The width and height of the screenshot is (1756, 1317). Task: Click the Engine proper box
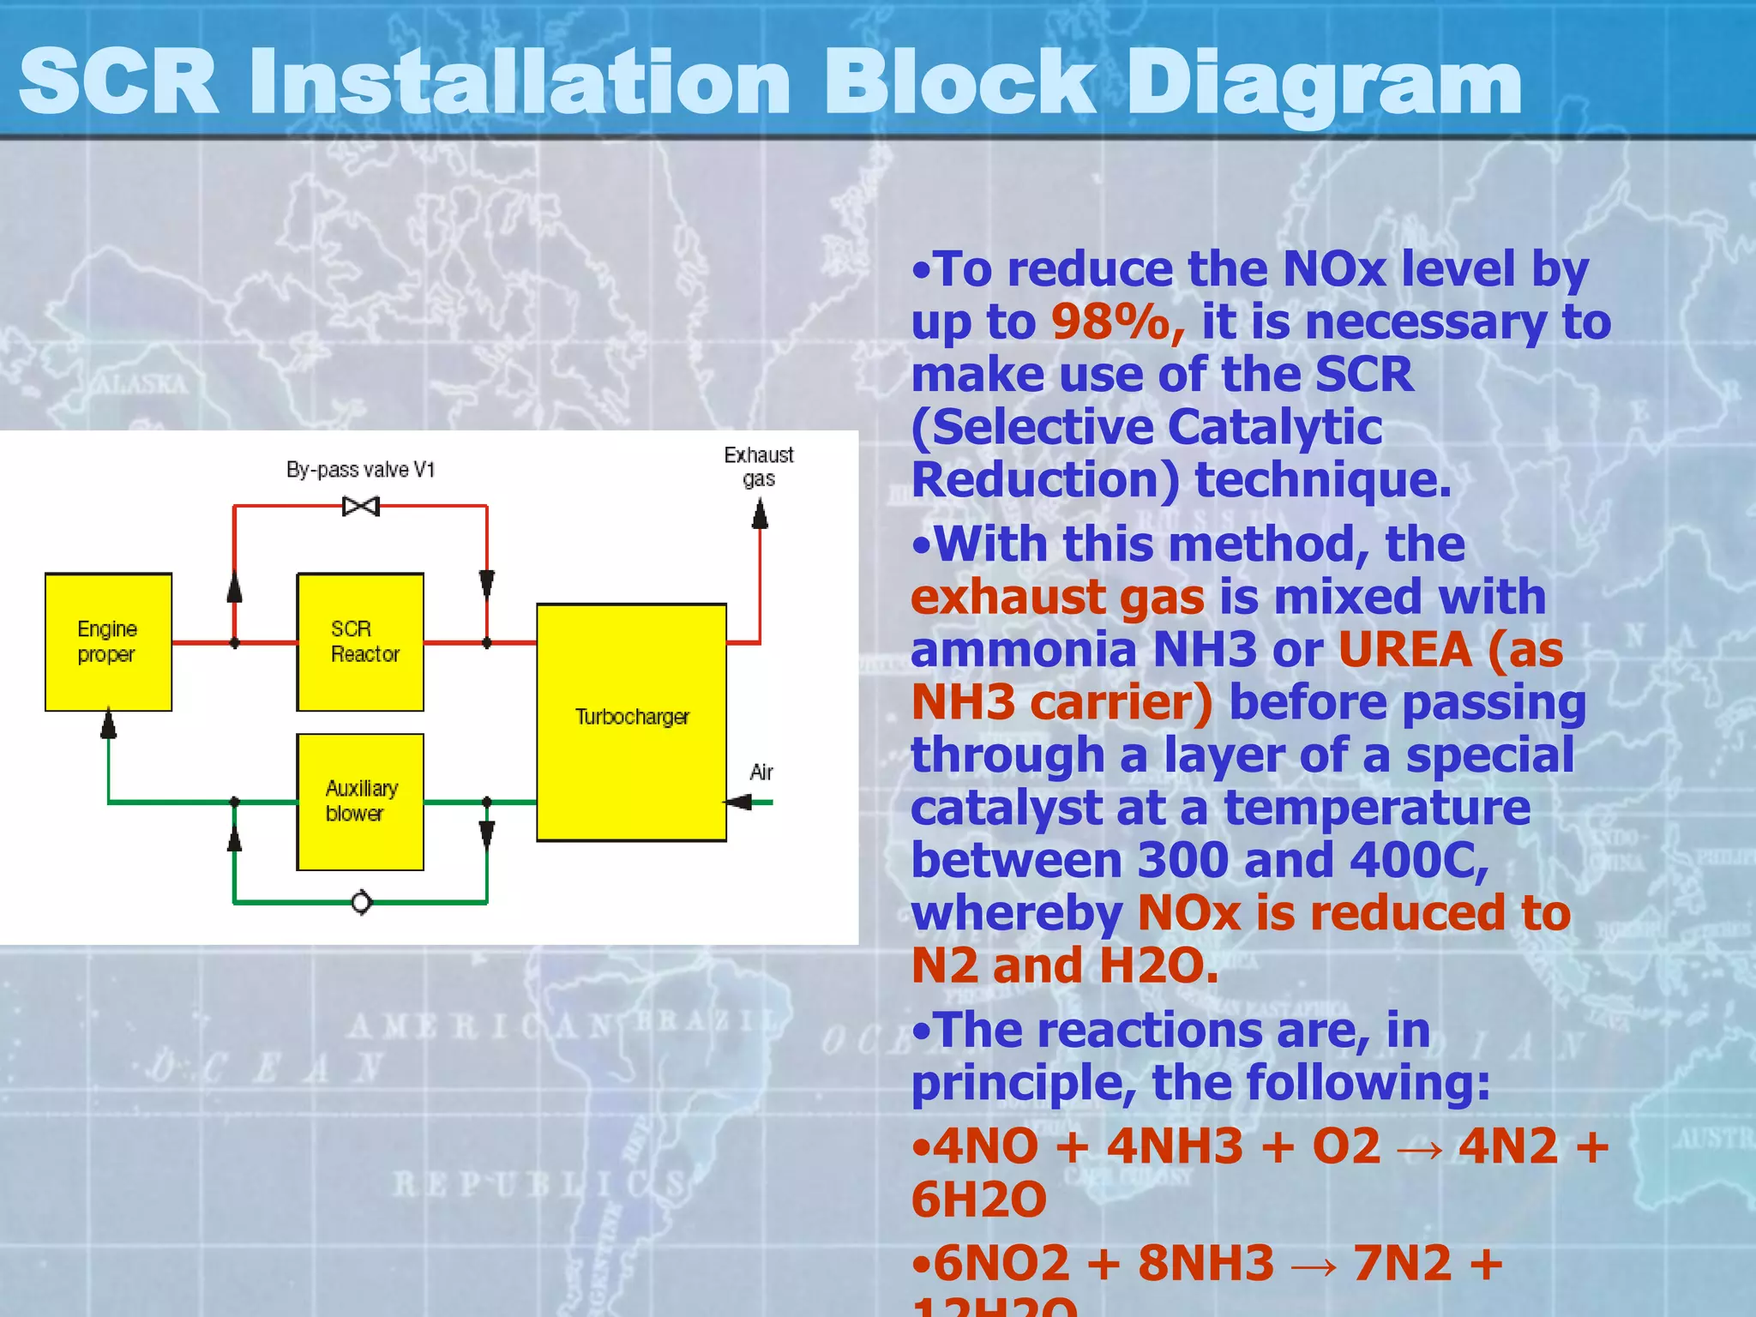[x=108, y=641]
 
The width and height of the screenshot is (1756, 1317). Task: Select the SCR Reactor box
[x=360, y=641]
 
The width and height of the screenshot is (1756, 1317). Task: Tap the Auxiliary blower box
[x=360, y=802]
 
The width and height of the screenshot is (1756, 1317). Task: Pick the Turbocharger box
[x=632, y=722]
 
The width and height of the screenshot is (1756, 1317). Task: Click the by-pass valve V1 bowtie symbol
[x=361, y=506]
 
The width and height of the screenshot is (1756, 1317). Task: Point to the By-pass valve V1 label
[x=361, y=470]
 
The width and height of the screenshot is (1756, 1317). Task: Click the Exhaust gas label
[x=759, y=466]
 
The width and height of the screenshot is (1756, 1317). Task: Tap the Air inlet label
[x=761, y=772]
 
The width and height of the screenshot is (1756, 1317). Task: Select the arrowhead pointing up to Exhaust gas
[x=760, y=514]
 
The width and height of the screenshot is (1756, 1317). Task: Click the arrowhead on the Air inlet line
[x=738, y=802]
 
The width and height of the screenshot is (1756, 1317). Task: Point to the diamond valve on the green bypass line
[x=362, y=902]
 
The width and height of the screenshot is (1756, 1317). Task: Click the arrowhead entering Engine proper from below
[x=108, y=725]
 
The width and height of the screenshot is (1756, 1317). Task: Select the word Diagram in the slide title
[x=1325, y=82]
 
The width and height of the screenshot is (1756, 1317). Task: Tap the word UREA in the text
[x=1404, y=649]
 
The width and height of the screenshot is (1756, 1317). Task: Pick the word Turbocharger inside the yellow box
[x=632, y=717]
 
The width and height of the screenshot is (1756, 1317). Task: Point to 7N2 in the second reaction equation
[x=1403, y=1262]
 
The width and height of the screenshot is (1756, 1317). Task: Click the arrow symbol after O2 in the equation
[x=1420, y=1148]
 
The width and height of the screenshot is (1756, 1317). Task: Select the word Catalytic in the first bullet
[x=1274, y=427]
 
